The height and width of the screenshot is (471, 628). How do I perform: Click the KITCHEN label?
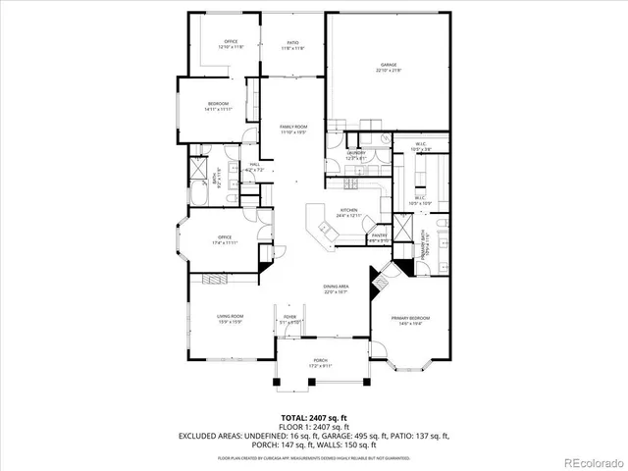pyautogui.click(x=348, y=211)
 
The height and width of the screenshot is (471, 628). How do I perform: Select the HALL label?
pyautogui.click(x=254, y=167)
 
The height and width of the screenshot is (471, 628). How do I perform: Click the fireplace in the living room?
pyautogui.click(x=217, y=280)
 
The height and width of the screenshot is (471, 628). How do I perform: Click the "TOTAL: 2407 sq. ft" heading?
pyautogui.click(x=314, y=417)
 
